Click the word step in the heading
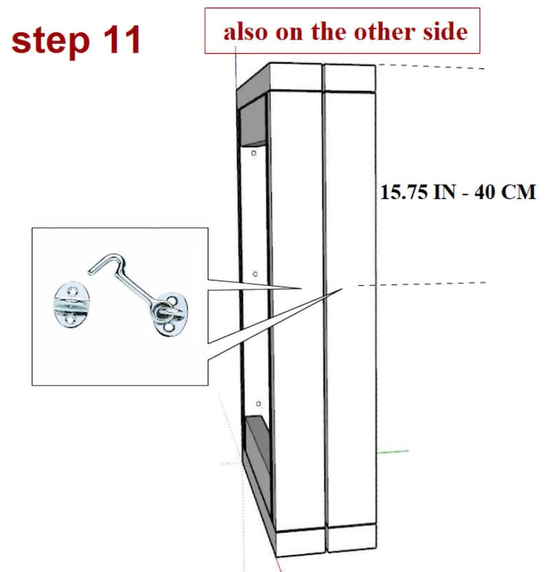(48, 41)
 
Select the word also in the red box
(246, 31)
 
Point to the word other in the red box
(383, 31)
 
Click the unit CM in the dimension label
(518, 192)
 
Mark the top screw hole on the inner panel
(255, 153)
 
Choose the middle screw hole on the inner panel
(255, 274)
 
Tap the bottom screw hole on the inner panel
(257, 403)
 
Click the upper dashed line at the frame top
(431, 67)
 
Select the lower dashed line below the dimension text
(421, 284)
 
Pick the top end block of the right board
(350, 78)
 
